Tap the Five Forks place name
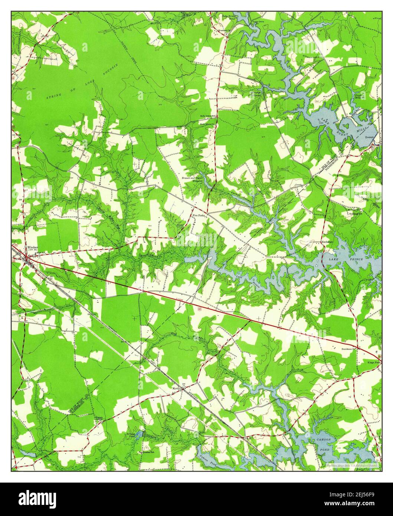click(x=199, y=215)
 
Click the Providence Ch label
click(x=350, y=349)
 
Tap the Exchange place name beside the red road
click(x=327, y=242)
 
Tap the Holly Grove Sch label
click(x=208, y=116)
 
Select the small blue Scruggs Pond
click(x=138, y=434)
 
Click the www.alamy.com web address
click(x=353, y=503)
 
